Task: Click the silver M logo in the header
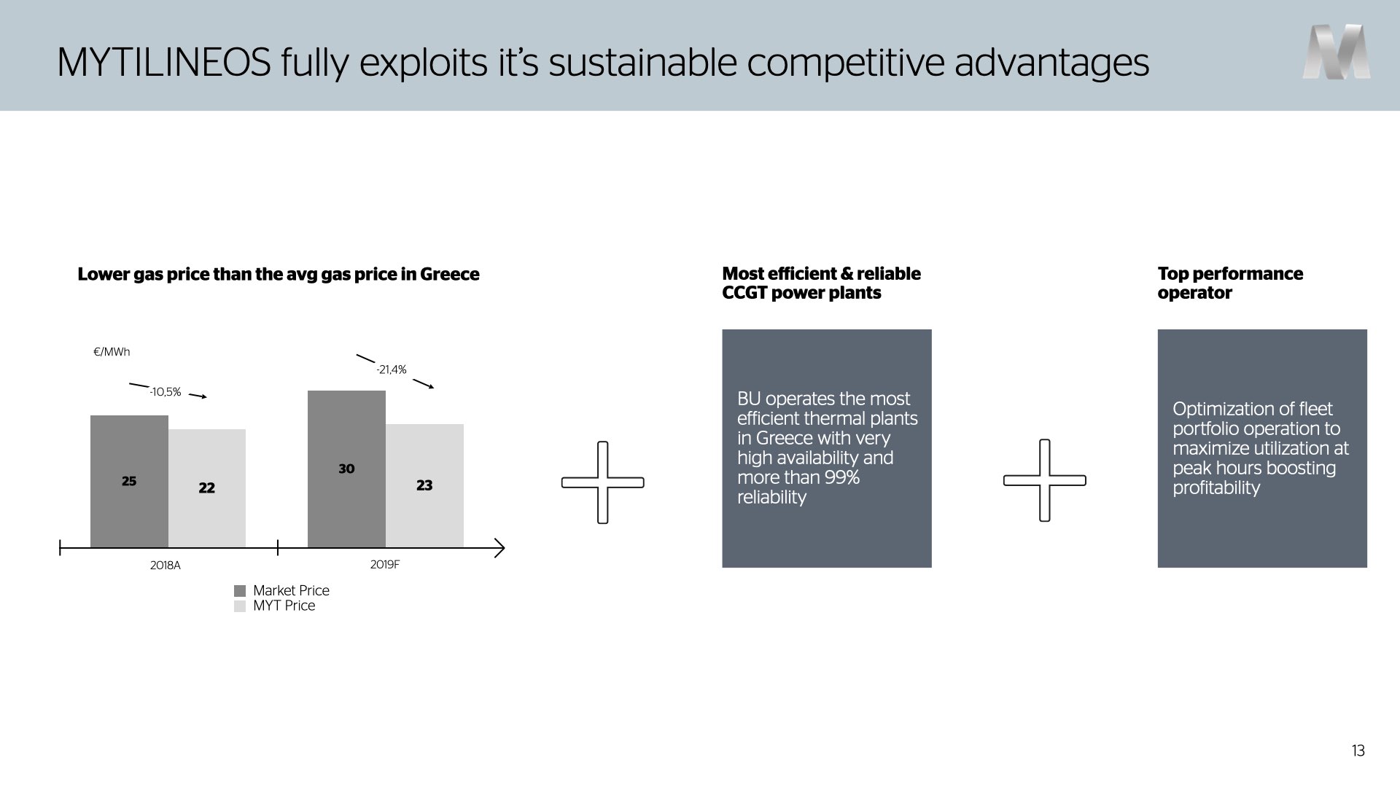point(1336,52)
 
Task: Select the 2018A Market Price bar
point(129,481)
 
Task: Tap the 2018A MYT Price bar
point(207,488)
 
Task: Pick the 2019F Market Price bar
point(346,469)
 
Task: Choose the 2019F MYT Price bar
point(424,485)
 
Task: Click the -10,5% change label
point(165,392)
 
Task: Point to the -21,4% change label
point(392,369)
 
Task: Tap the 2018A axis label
point(166,565)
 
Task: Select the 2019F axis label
point(385,564)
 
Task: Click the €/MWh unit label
point(112,352)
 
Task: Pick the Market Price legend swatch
point(240,591)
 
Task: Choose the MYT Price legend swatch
point(240,606)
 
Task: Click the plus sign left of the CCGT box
point(603,482)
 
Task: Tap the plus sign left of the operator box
point(1045,480)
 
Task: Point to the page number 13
point(1358,751)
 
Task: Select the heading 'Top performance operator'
point(1230,283)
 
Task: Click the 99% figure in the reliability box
point(841,477)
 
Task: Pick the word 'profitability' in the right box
point(1216,488)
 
